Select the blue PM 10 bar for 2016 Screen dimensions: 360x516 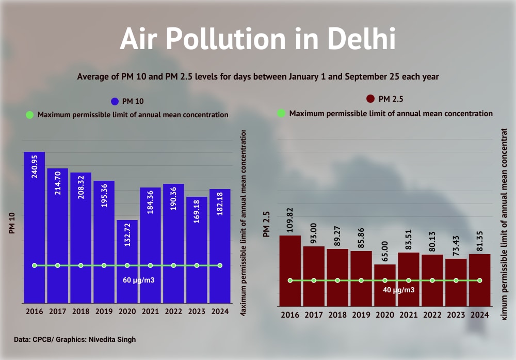click(x=35, y=227)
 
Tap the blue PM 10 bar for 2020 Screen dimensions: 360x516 click(x=127, y=258)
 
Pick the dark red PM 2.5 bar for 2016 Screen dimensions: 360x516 click(x=290, y=269)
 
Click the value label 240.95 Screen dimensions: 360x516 click(x=35, y=166)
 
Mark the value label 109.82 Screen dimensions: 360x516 click(x=290, y=220)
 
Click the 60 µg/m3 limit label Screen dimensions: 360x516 click(x=139, y=280)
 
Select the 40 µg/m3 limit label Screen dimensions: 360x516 click(x=398, y=290)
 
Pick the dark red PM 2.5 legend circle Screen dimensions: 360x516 click(x=370, y=99)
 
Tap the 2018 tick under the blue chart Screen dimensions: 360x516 click(x=81, y=311)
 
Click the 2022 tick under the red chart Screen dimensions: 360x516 click(x=432, y=315)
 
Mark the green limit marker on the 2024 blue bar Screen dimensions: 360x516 click(x=220, y=265)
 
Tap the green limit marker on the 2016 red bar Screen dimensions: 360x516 click(x=290, y=280)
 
